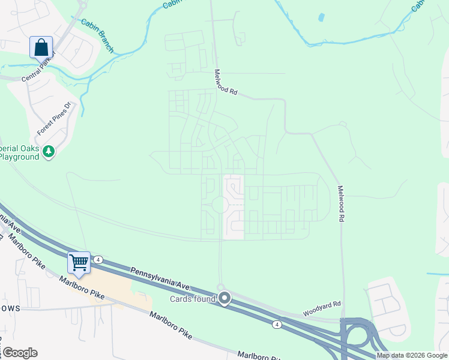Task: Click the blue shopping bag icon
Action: tap(41, 47)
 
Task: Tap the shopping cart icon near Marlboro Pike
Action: tap(79, 262)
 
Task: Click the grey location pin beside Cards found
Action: tap(225, 298)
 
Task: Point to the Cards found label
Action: tap(193, 299)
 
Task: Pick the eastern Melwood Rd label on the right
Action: tap(340, 203)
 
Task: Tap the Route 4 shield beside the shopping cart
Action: tap(98, 260)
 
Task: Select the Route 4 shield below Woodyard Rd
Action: tap(276, 325)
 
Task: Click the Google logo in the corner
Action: tap(20, 353)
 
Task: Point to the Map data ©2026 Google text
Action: tap(412, 356)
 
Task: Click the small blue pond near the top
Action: tap(321, 17)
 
